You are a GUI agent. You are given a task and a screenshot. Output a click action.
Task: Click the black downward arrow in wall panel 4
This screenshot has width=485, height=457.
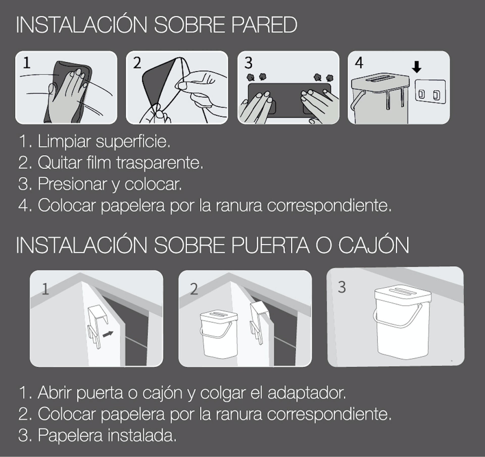pos(416,68)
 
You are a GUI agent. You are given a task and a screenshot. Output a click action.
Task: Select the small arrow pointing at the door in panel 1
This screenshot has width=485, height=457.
pos(108,334)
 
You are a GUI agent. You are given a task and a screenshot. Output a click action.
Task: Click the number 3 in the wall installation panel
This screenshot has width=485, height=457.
pos(248,63)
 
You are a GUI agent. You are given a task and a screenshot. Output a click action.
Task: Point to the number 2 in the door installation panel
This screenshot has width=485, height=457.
pos(194,289)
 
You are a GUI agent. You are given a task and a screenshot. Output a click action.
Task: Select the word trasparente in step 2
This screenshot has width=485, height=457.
pos(160,163)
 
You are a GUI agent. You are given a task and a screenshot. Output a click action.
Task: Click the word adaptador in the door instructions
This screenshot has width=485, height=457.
pos(306,392)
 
